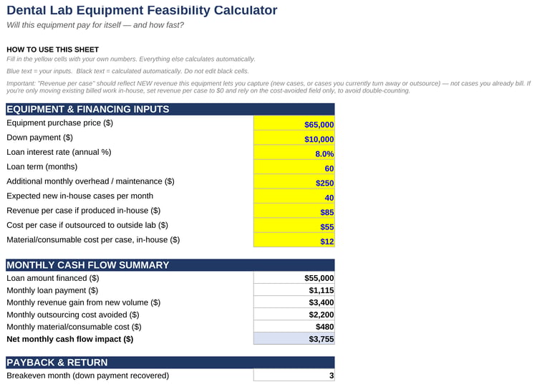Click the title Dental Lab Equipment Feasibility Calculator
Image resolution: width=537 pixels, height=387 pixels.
(142, 10)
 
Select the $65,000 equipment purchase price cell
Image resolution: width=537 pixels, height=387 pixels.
(294, 123)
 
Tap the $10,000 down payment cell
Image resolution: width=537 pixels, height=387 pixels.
(294, 138)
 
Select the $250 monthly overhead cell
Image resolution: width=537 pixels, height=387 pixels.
(294, 181)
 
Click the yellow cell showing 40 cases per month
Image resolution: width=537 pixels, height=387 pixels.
(294, 196)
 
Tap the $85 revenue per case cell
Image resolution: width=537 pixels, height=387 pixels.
(294, 211)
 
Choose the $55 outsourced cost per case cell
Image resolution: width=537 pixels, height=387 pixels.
(294, 226)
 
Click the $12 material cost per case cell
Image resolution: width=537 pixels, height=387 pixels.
(294, 240)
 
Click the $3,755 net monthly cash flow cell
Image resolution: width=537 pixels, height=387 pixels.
(294, 339)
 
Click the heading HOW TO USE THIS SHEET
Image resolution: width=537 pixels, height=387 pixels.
(53, 49)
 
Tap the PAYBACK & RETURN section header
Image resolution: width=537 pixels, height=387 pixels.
(170, 363)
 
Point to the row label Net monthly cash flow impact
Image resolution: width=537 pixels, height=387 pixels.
(70, 339)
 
